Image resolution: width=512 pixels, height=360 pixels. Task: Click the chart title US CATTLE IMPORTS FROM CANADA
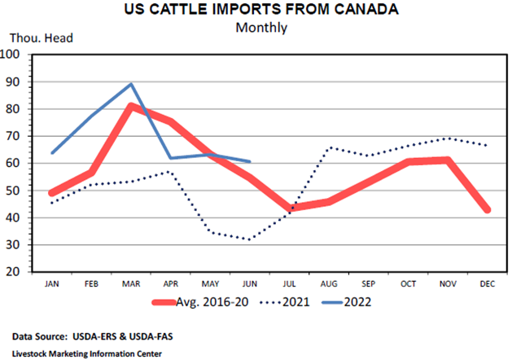pyautogui.click(x=261, y=11)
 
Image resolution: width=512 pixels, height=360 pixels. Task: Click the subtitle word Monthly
pyautogui.click(x=261, y=28)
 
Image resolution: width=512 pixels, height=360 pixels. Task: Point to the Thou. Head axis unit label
pyautogui.click(x=37, y=39)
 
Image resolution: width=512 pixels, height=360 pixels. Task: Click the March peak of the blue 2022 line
pyautogui.click(x=132, y=84)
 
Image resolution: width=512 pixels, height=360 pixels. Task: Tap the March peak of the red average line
pyautogui.click(x=132, y=106)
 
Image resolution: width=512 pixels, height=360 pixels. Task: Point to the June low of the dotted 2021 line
pyautogui.click(x=248, y=239)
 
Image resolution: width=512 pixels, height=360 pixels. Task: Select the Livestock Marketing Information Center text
pyautogui.click(x=87, y=353)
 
